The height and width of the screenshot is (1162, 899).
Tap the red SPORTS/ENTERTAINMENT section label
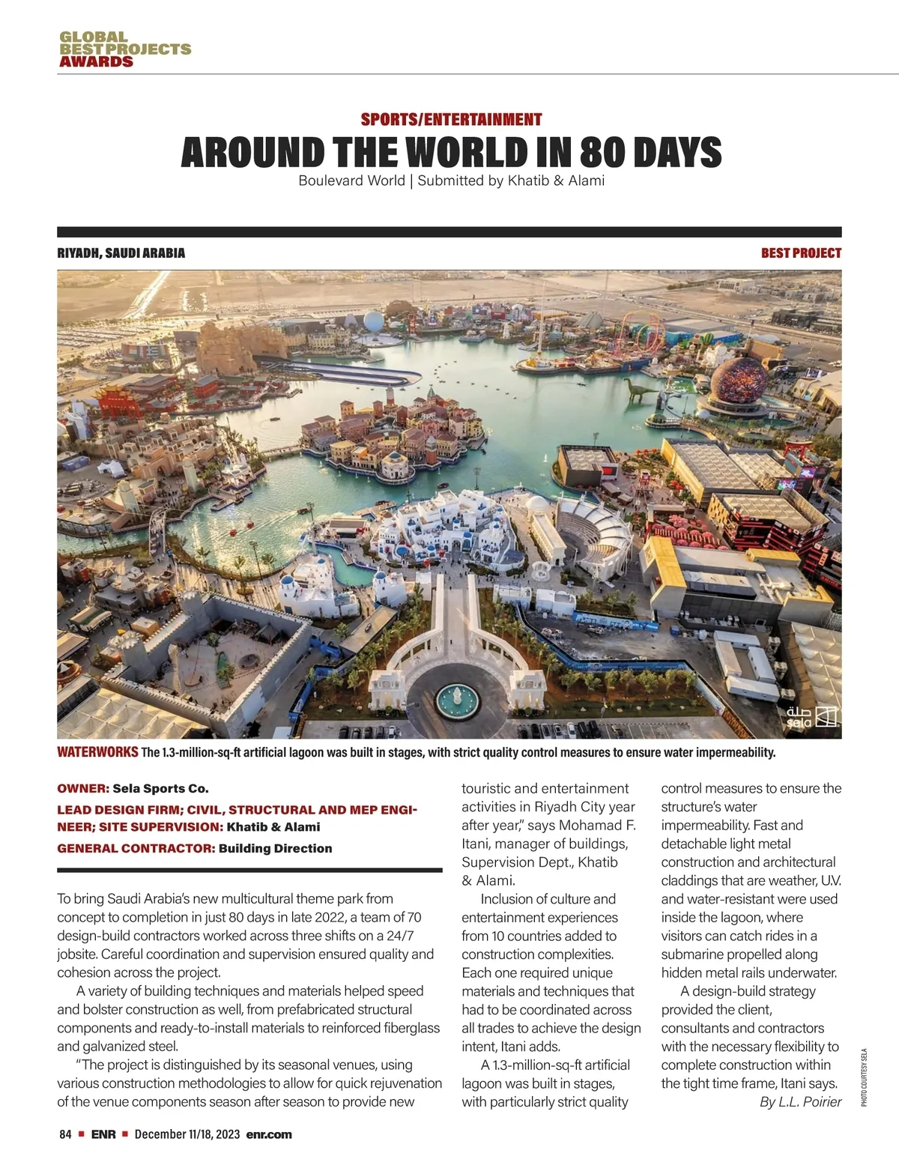(451, 119)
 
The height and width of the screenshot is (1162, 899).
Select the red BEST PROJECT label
(801, 253)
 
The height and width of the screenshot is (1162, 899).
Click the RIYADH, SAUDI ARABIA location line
(121, 253)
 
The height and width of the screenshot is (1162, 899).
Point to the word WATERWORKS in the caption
(97, 752)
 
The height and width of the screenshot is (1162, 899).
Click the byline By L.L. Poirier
(800, 1101)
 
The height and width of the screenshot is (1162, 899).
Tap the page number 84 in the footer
(65, 1134)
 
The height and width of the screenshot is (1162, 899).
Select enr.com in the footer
(269, 1134)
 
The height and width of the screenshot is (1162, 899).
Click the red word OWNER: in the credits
(83, 788)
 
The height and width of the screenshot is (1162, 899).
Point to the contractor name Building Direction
(275, 848)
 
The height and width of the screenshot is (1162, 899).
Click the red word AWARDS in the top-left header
(96, 61)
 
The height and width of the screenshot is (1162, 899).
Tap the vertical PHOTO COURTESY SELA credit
(864, 1077)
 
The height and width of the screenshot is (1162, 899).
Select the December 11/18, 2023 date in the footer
(187, 1134)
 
